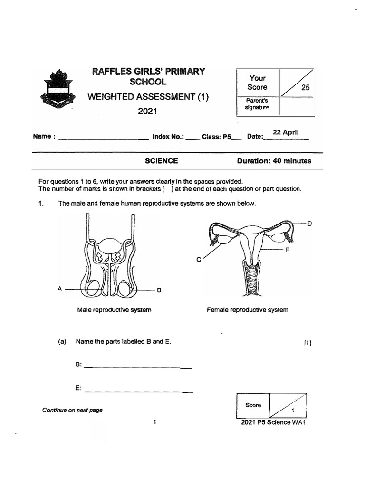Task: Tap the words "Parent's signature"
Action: (x=257, y=104)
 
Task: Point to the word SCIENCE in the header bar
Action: (x=162, y=161)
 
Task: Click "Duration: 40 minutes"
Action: (x=274, y=161)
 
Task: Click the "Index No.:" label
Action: (x=168, y=137)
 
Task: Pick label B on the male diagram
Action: (x=159, y=290)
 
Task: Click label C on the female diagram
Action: (x=199, y=260)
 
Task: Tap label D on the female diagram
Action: (x=309, y=223)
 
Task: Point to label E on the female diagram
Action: (x=287, y=250)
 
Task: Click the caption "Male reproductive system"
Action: (x=114, y=310)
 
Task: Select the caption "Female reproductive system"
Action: (x=247, y=310)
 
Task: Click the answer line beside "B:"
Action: (x=138, y=367)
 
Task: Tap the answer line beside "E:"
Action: (x=138, y=391)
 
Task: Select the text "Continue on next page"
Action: (x=72, y=410)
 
